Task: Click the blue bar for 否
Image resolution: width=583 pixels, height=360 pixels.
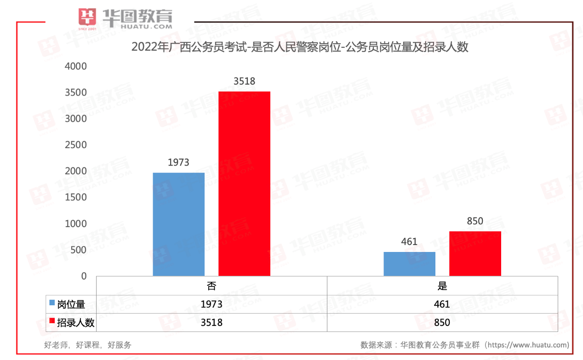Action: pyautogui.click(x=179, y=224)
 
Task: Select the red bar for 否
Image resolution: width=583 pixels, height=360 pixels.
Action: pyautogui.click(x=244, y=184)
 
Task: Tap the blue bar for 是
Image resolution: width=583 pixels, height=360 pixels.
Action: pyautogui.click(x=409, y=264)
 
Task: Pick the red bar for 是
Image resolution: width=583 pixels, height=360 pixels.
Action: pyautogui.click(x=475, y=254)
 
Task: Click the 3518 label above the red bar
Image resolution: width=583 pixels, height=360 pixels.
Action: pyautogui.click(x=244, y=81)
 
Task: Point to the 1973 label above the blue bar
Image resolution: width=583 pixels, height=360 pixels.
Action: pyautogui.click(x=178, y=162)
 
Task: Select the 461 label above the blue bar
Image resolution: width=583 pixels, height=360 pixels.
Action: pyautogui.click(x=409, y=241)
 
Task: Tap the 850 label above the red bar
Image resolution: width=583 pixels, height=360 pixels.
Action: pyautogui.click(x=475, y=221)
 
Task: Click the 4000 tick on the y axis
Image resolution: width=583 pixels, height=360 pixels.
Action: pyautogui.click(x=76, y=66)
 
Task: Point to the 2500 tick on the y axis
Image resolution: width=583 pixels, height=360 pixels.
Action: pyautogui.click(x=76, y=145)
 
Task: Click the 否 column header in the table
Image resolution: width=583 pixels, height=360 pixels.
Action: pyautogui.click(x=211, y=286)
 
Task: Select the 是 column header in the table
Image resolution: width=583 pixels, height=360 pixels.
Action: pyautogui.click(x=442, y=286)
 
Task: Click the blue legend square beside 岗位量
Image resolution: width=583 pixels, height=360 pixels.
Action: pyautogui.click(x=52, y=303)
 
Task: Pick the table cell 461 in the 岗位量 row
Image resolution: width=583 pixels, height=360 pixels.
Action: pyautogui.click(x=442, y=304)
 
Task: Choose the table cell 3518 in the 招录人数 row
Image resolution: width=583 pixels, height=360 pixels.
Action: pyautogui.click(x=211, y=323)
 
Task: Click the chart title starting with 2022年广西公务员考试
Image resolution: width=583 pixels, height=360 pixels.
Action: pyautogui.click(x=300, y=47)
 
